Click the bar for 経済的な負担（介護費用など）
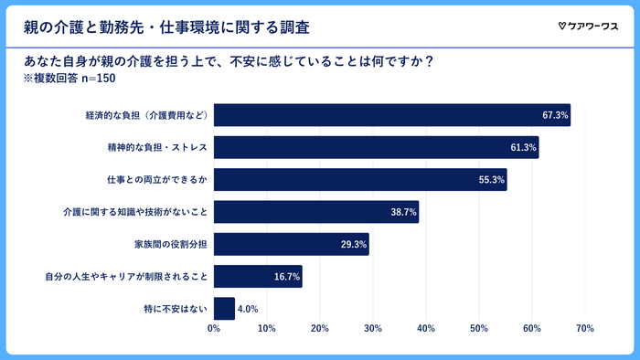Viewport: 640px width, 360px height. (x=391, y=115)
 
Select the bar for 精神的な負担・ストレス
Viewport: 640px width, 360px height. (x=376, y=147)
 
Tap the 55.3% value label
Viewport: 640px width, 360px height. (x=491, y=180)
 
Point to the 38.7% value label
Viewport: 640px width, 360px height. (x=403, y=212)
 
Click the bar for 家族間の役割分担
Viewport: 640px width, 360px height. (x=291, y=244)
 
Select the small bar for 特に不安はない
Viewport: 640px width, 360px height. (x=224, y=309)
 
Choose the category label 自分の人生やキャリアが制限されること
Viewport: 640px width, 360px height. (x=127, y=277)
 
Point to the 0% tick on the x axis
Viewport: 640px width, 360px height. (x=214, y=328)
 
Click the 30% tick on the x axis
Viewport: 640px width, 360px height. (x=373, y=328)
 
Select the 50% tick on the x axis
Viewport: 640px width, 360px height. (x=479, y=328)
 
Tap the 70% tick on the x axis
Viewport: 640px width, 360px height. (x=585, y=328)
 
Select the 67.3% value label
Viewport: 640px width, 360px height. (x=555, y=115)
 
